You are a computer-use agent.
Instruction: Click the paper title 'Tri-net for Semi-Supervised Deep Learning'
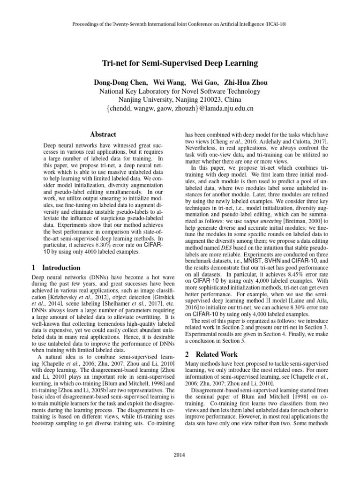point(180,63)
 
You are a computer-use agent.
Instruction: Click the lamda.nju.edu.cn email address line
point(180,108)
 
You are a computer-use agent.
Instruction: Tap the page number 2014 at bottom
point(180,455)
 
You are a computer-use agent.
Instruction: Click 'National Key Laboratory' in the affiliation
point(136,91)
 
